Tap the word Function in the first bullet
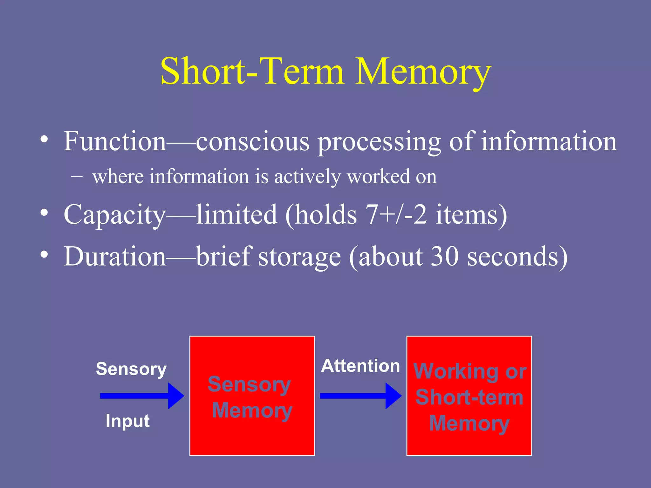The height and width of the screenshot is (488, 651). coord(114,141)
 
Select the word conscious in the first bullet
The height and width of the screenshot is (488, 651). coord(253,142)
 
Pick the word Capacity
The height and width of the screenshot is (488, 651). coord(114,215)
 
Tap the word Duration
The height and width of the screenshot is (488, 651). coord(114,256)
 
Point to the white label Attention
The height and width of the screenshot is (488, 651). coord(360,366)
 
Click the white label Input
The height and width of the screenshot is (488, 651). coord(127,421)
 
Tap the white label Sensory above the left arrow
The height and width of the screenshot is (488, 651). coord(131,369)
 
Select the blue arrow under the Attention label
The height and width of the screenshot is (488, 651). coord(360,396)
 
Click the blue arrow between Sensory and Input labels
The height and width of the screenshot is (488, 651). coord(142,396)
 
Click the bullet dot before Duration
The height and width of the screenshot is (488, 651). coord(44,254)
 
